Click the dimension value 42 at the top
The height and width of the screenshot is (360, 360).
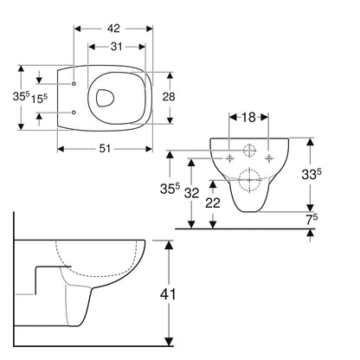113,29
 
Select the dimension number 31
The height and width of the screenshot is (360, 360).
117,47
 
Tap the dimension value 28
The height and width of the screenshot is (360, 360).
169,97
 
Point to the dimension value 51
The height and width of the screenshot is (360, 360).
105,149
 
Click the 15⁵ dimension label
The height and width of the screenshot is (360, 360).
39,99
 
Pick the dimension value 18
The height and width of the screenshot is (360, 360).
248,117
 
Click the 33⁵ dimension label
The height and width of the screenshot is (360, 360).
312,174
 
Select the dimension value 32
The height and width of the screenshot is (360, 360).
192,193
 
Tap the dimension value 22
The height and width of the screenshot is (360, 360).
213,202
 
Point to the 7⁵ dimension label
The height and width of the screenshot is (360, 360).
312,220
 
